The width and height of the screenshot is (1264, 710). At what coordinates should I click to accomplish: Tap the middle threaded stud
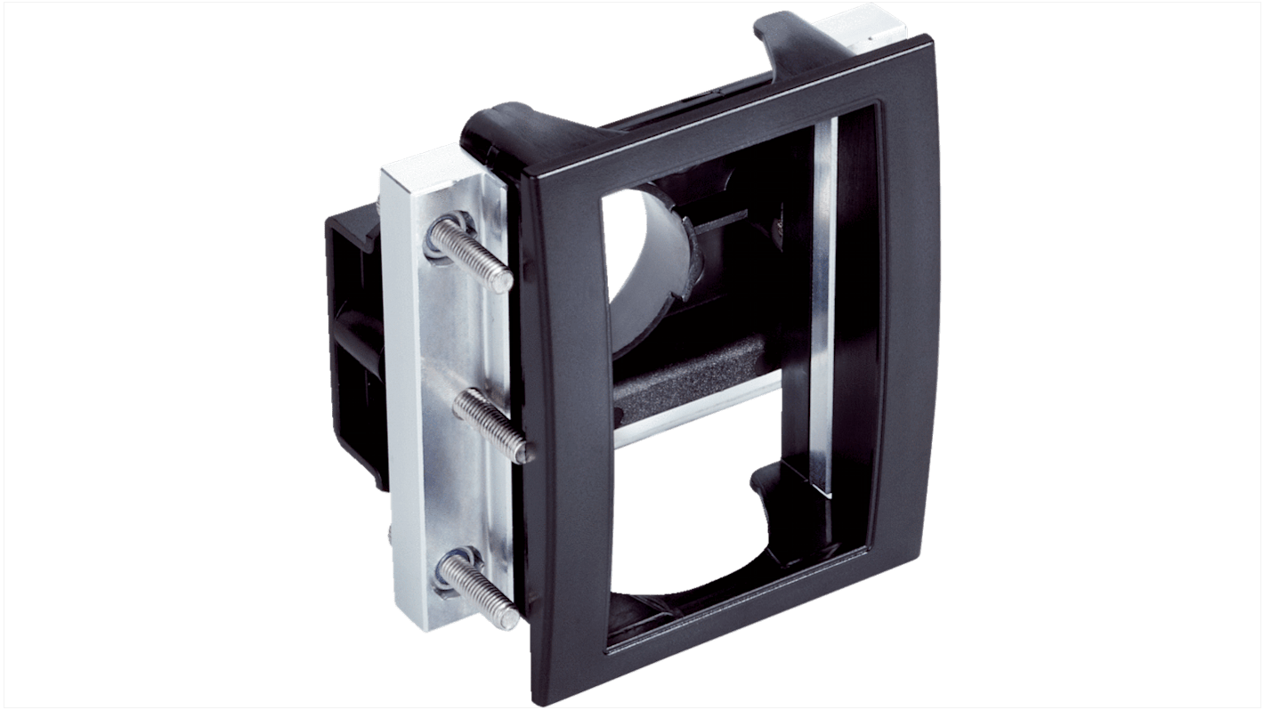coord(492,425)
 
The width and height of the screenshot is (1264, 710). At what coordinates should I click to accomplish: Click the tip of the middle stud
coord(524,453)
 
